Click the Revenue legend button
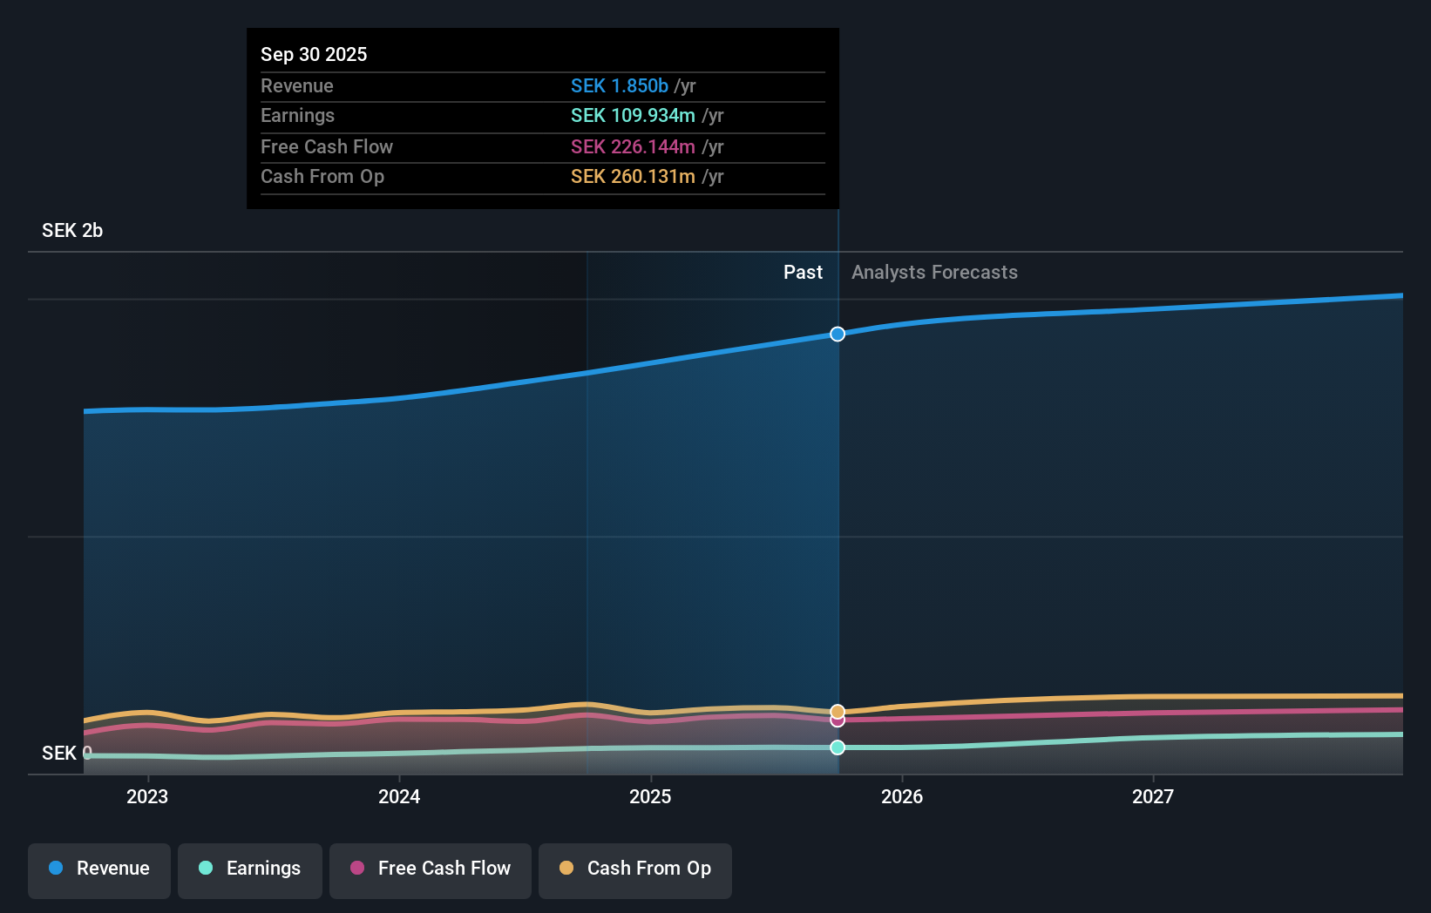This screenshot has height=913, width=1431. pos(99,869)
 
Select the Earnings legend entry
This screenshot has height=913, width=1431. pos(250,869)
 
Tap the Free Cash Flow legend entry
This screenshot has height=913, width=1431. pos(431,869)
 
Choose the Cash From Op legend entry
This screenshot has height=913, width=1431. pos(635,869)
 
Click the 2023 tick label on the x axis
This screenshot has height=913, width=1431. pos(147,797)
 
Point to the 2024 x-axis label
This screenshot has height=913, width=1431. pos(399,797)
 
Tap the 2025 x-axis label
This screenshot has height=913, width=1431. pos(650,797)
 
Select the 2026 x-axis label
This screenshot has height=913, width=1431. pos(902,797)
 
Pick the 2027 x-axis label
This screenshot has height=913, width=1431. pos(1153,797)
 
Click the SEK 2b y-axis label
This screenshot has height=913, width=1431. pos(72,231)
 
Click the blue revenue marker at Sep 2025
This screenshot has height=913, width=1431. pos(838,335)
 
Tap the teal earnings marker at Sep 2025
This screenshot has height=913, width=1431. pos(838,747)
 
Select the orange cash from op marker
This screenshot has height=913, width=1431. pos(838,711)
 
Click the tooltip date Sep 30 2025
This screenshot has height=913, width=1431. pos(314,55)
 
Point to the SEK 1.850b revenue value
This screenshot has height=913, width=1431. pos(620,86)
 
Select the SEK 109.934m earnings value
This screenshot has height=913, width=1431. pos(633,116)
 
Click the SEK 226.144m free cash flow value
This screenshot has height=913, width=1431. pos(633,147)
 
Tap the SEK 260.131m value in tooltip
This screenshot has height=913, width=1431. pos(633,177)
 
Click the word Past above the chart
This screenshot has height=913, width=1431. pos(803,273)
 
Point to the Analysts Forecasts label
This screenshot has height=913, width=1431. pos(934,273)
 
